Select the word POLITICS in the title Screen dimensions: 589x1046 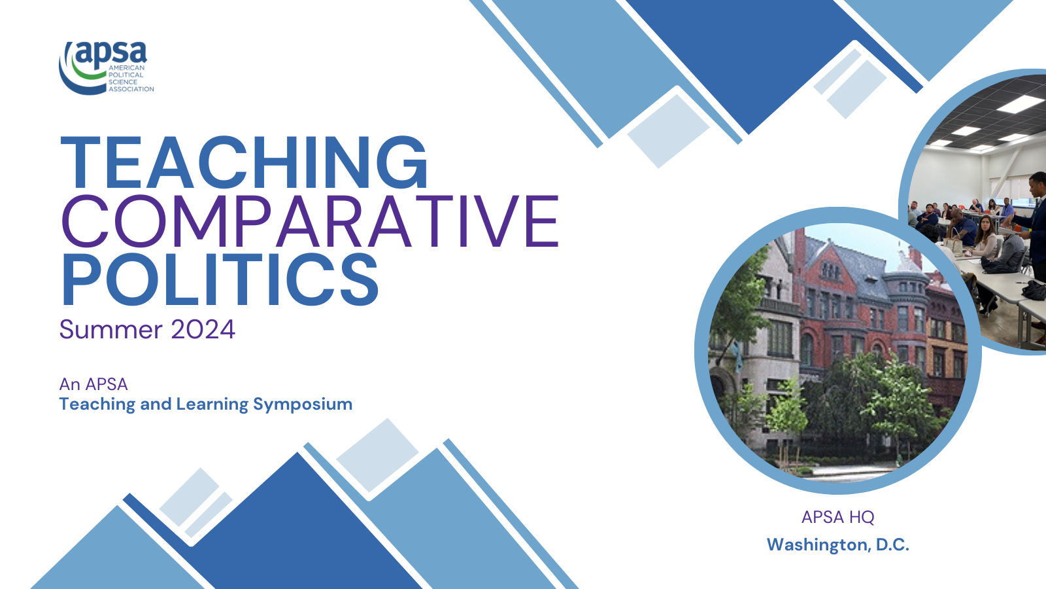point(220,280)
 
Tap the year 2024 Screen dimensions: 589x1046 point(203,329)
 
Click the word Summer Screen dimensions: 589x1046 point(110,329)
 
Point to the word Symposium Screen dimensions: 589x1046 point(303,404)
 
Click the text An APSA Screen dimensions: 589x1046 point(93,384)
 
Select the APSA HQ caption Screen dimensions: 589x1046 point(837,517)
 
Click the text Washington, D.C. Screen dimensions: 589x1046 point(837,544)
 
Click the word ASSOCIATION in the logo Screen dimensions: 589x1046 point(131,89)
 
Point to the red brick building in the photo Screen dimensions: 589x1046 point(843,294)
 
